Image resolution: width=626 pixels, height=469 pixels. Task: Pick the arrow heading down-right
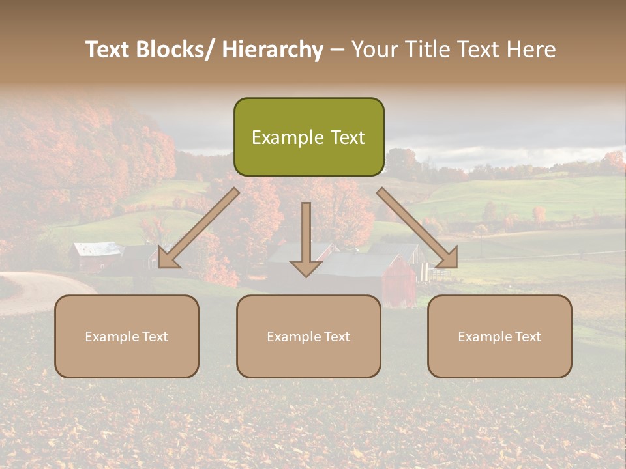pyautogui.click(x=418, y=229)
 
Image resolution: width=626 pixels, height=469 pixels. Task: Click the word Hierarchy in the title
pyautogui.click(x=273, y=50)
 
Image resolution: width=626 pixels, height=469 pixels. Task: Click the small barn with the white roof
pyautogui.click(x=98, y=256)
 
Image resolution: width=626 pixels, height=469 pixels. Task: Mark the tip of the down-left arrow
pyautogui.click(x=160, y=266)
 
